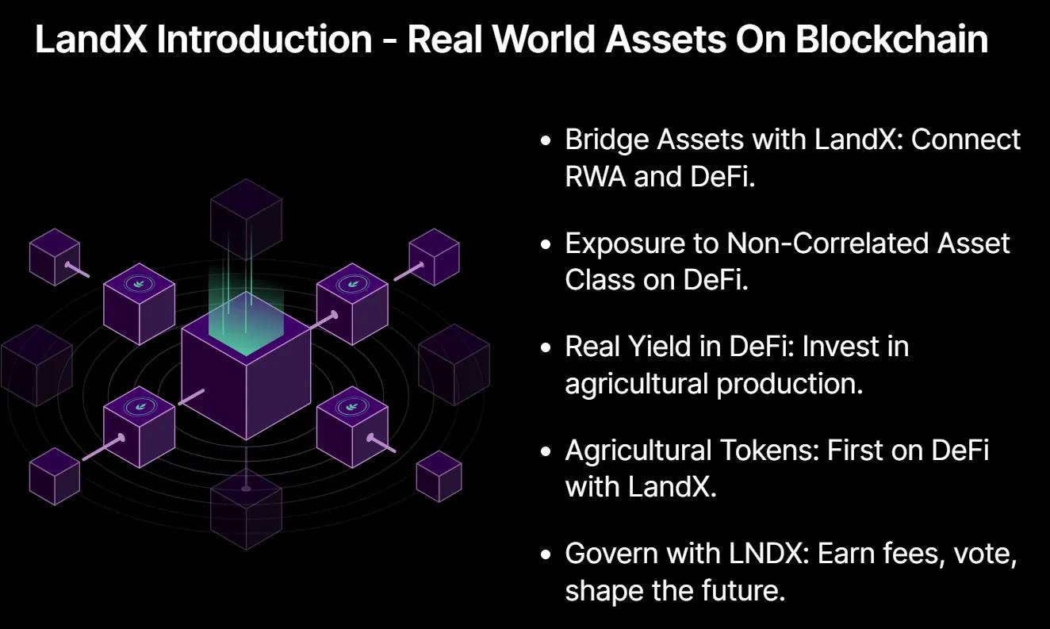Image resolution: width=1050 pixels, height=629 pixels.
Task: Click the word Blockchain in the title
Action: pos(891,39)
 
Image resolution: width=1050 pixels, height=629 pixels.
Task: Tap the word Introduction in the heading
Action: pos(264,39)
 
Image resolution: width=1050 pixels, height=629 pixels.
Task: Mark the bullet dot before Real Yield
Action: pos(545,347)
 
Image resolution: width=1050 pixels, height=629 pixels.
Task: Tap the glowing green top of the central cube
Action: pos(246,324)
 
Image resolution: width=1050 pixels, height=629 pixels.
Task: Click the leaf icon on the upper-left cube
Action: pos(139,284)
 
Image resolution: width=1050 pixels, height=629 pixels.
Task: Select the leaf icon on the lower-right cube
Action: pos(352,407)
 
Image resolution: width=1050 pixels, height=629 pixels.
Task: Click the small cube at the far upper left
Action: pos(55,257)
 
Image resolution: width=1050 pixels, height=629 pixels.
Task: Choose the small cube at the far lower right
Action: pos(439,476)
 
